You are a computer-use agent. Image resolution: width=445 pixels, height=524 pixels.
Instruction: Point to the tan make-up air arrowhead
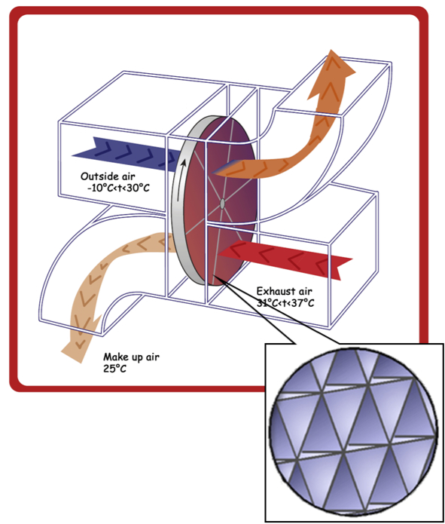pyautogui.click(x=80, y=341)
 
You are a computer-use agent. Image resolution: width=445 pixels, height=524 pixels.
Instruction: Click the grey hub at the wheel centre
pyautogui.click(x=223, y=204)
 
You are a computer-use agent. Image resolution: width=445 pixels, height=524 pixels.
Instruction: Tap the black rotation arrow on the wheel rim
pyautogui.click(x=181, y=179)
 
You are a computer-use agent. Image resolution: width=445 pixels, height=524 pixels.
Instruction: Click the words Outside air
pyautogui.click(x=108, y=176)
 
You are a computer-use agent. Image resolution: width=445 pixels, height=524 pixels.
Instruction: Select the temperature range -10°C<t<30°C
pyautogui.click(x=118, y=188)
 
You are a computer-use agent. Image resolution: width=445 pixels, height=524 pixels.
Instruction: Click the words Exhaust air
pyautogui.click(x=285, y=292)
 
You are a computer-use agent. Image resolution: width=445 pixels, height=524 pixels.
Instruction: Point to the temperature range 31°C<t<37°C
pyautogui.click(x=285, y=303)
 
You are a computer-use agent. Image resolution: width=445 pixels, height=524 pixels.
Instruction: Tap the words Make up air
pyautogui.click(x=131, y=357)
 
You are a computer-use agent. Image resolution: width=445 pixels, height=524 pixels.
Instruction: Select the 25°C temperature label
pyautogui.click(x=115, y=369)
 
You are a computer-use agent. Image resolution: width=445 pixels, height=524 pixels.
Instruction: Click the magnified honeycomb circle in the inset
pyautogui.click(x=353, y=432)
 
